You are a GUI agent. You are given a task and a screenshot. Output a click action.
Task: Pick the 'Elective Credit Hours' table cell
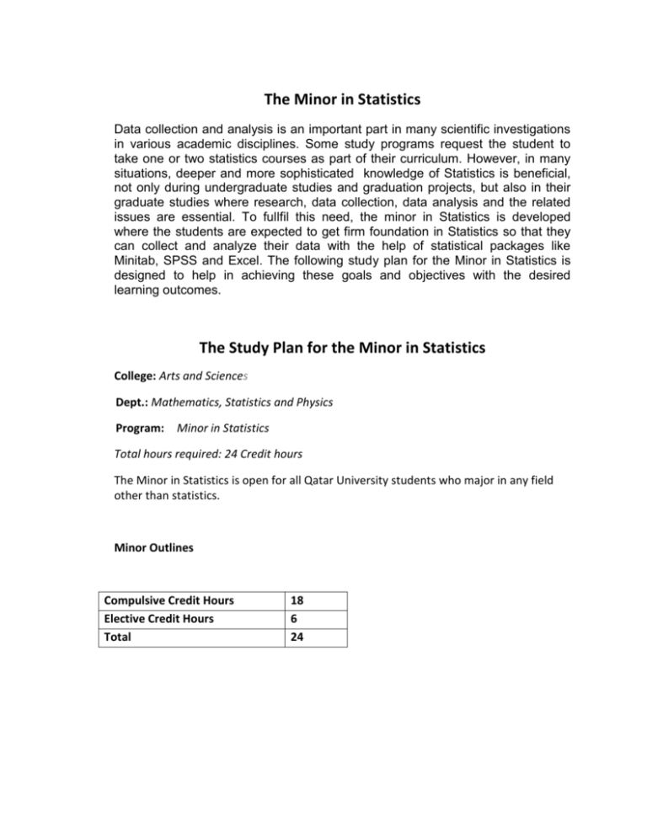coord(152,620)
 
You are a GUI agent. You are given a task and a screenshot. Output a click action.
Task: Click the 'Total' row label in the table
coord(113,637)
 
